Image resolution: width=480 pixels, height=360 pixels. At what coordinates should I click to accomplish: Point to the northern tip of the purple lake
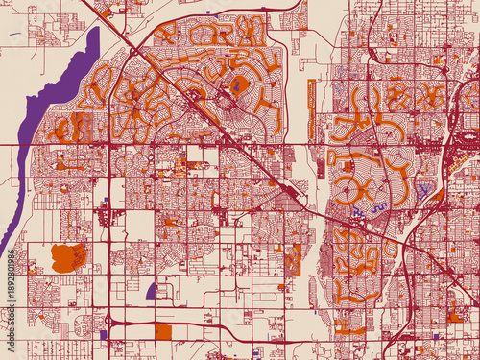[96, 31]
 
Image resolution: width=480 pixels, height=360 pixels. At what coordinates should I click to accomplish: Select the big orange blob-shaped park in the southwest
[67, 256]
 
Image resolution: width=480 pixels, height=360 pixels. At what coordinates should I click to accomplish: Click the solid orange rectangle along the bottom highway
[162, 331]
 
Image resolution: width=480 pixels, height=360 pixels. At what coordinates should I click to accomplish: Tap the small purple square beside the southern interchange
[103, 334]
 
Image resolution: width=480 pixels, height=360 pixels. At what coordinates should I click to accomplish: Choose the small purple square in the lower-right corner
[436, 336]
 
